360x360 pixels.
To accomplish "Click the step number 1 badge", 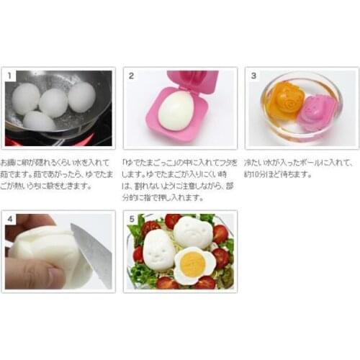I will pyautogui.click(x=10, y=74).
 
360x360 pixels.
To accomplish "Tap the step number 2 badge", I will pyautogui.click(x=132, y=74).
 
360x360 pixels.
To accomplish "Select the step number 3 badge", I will pyautogui.click(x=253, y=74).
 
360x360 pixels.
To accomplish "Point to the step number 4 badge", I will pyautogui.click(x=10, y=217).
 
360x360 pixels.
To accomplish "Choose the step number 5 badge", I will pyautogui.click(x=132, y=217).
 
